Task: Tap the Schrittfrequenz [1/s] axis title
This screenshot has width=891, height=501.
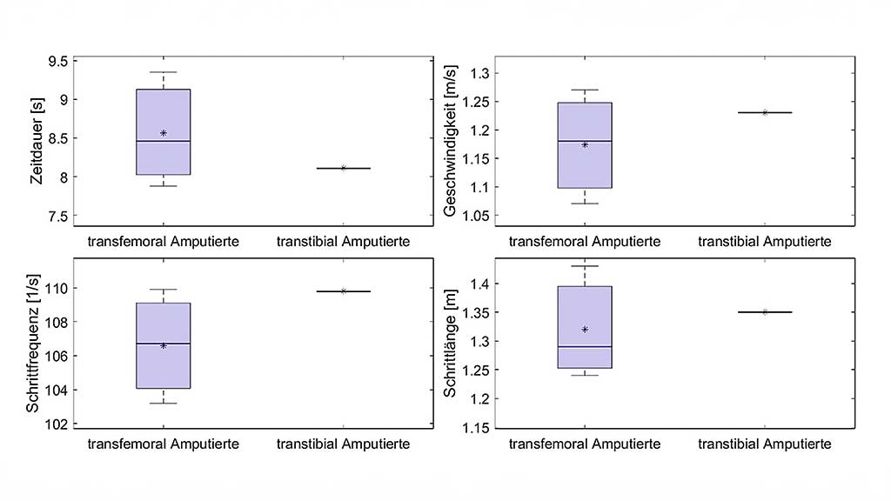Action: pyautogui.click(x=32, y=343)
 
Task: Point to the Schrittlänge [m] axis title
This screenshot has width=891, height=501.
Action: pyautogui.click(x=450, y=344)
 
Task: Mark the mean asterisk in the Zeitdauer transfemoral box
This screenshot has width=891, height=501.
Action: pyautogui.click(x=163, y=133)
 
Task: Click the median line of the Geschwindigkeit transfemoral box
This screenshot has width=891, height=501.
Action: pyautogui.click(x=585, y=141)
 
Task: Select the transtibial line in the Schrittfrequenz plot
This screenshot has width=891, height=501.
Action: pyautogui.click(x=344, y=291)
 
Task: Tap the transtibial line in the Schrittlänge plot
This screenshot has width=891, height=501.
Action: pyautogui.click(x=765, y=311)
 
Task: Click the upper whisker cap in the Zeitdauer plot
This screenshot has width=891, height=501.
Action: pyautogui.click(x=163, y=72)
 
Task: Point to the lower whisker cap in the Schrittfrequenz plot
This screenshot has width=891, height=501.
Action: pyautogui.click(x=163, y=404)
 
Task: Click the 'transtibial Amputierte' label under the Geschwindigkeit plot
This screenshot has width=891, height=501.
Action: pyautogui.click(x=764, y=241)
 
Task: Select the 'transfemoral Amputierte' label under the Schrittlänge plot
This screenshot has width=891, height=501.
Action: pyautogui.click(x=584, y=444)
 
